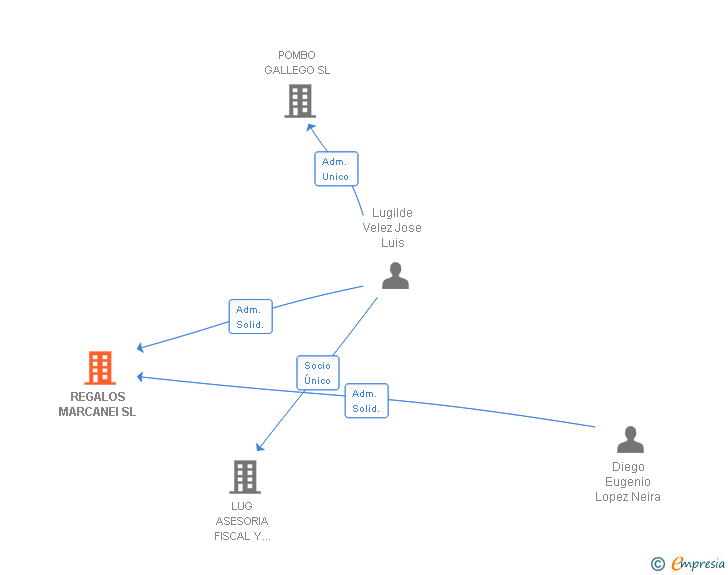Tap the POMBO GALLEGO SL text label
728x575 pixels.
click(x=297, y=63)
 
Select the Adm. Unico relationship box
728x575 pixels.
click(x=336, y=169)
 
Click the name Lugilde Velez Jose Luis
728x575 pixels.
click(x=392, y=228)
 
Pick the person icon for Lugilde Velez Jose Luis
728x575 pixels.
click(x=396, y=276)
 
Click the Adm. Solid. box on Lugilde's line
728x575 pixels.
click(x=250, y=317)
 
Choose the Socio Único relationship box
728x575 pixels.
click(x=318, y=373)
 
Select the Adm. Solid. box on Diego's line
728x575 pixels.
click(x=366, y=401)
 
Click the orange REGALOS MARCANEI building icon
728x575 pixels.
click(x=100, y=368)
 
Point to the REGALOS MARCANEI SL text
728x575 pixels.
click(x=97, y=404)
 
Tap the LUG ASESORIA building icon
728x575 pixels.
click(x=245, y=477)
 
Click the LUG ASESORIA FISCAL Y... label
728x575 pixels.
click(x=242, y=521)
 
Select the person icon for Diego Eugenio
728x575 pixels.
click(x=630, y=440)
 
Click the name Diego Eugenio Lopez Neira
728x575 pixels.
click(x=628, y=482)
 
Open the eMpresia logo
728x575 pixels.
click(x=698, y=565)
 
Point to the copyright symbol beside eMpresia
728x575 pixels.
click(x=658, y=565)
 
